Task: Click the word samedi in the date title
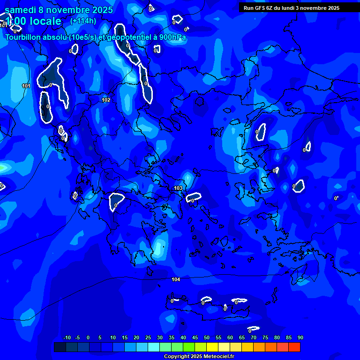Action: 20,10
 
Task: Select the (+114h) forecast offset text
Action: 83,21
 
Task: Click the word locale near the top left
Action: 45,21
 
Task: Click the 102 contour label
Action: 106,100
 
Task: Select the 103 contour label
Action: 178,188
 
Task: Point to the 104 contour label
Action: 176,280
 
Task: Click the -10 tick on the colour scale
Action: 67,338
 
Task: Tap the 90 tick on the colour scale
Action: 300,338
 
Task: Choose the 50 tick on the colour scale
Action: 206,338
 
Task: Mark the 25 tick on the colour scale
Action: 148,338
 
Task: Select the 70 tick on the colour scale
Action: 253,338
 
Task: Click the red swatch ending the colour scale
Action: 294,347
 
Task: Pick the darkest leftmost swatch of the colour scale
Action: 60,347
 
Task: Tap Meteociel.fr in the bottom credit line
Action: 218,356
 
